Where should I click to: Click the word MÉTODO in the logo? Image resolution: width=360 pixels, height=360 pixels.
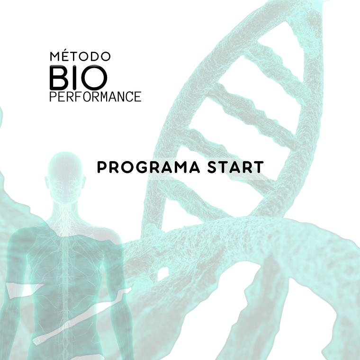[x=81, y=56]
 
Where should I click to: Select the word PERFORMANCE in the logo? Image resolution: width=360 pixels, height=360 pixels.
[x=95, y=97]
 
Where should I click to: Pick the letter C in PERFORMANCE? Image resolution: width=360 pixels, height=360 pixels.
[x=127, y=97]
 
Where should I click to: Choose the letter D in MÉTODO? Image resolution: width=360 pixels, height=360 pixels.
[x=95, y=56]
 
